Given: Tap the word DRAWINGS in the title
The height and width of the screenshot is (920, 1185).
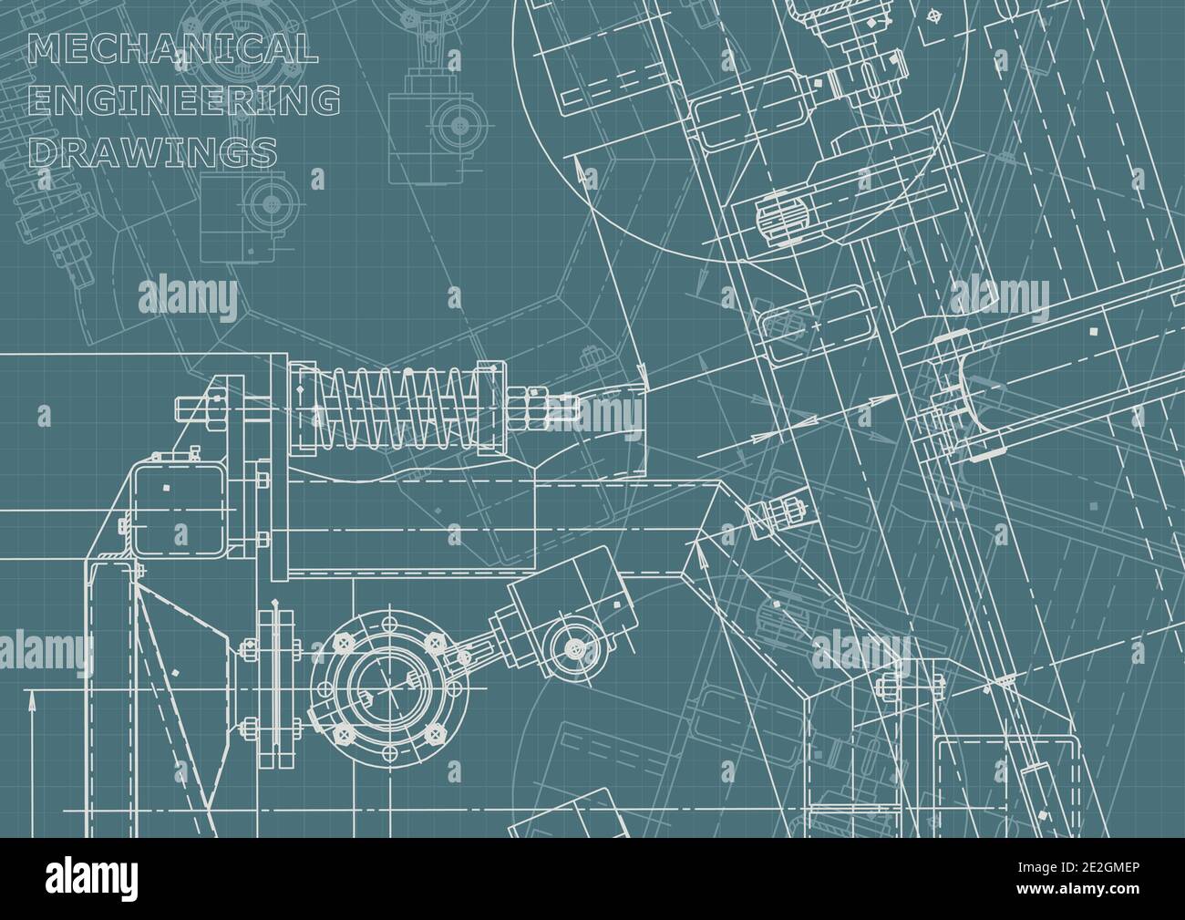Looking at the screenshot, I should pyautogui.click(x=153, y=150).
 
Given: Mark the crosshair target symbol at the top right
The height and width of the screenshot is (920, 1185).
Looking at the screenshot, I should pyautogui.click(x=933, y=16).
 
